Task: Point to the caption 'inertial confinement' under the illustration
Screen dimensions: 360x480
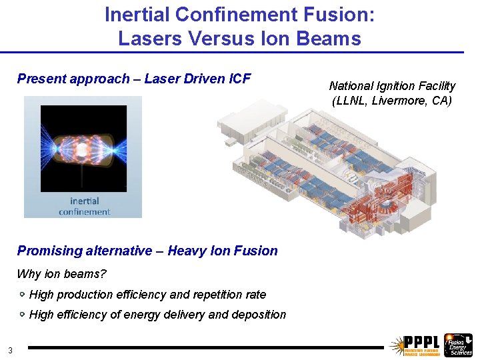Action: pyautogui.click(x=84, y=206)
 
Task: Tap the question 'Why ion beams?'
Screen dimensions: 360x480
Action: pyautogui.click(x=61, y=274)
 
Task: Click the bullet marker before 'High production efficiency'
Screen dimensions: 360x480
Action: pyautogui.click(x=22, y=294)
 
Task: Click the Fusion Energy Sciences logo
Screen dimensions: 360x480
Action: pyautogui.click(x=458, y=344)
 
